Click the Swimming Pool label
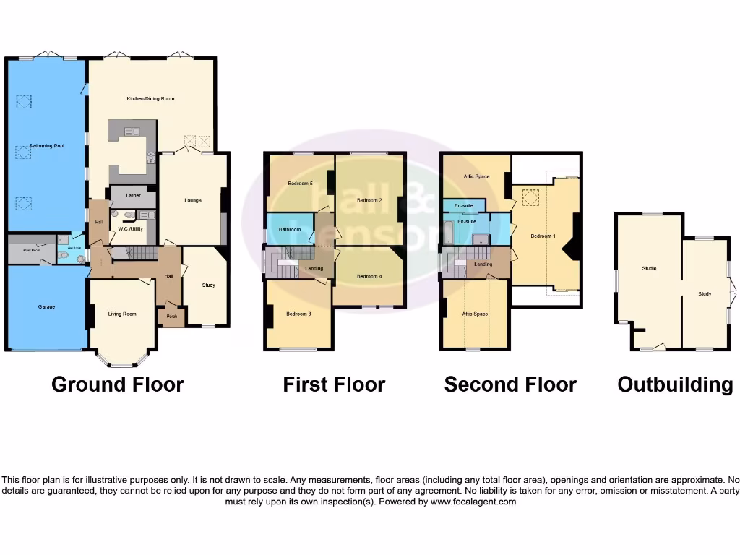coord(45,146)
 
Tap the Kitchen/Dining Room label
coord(150,98)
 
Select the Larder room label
coord(132,195)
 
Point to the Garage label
coord(46,306)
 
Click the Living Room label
coord(122,314)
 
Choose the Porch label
coord(172,316)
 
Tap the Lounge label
coord(192,200)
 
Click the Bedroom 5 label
coord(300,184)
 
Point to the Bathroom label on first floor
coord(290,230)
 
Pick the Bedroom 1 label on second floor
coord(543,236)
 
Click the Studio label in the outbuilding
coord(649,269)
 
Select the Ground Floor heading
coord(118,384)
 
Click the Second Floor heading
coord(510,384)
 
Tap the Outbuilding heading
coord(675,384)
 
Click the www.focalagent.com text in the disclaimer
coord(473,502)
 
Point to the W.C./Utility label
coord(131,229)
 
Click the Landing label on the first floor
coord(314,269)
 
